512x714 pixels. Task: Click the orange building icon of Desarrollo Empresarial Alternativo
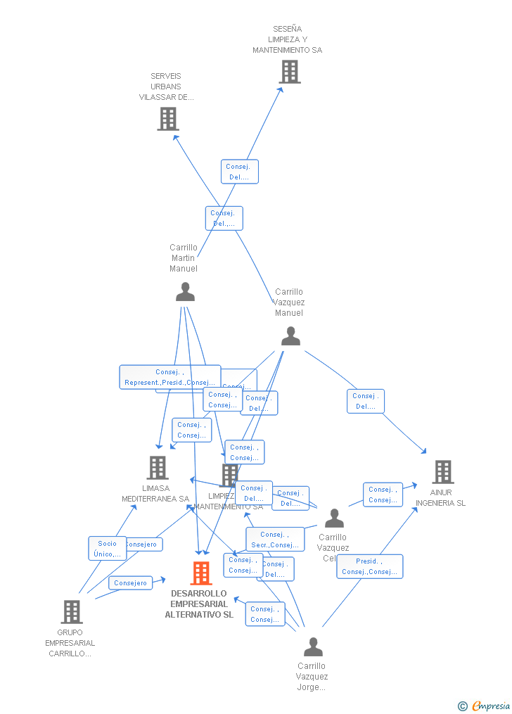(x=201, y=573)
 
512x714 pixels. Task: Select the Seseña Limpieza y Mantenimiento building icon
(x=289, y=72)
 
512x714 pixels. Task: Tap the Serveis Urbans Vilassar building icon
(x=168, y=119)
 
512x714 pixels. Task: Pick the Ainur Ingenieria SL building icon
(x=442, y=472)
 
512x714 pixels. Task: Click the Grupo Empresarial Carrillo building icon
(x=71, y=612)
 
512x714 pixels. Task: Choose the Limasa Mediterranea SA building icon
(x=157, y=468)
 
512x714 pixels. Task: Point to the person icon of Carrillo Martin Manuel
(x=185, y=292)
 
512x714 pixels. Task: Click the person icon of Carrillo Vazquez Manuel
(x=290, y=336)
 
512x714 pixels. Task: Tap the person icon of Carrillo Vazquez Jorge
(x=313, y=646)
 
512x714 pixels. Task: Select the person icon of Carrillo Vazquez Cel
(x=334, y=518)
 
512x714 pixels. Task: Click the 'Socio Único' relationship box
(x=107, y=549)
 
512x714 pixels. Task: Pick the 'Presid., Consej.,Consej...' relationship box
(x=369, y=566)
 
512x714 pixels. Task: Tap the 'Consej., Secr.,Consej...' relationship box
(x=275, y=540)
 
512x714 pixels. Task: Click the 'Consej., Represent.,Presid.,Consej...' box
(x=169, y=377)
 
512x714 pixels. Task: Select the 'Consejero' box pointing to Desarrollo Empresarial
(x=130, y=582)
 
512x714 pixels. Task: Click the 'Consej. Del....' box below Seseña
(x=239, y=172)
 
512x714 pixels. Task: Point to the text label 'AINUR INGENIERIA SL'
(x=440, y=498)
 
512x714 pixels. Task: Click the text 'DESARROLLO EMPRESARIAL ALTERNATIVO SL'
(x=199, y=604)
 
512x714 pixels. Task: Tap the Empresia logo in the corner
(x=485, y=706)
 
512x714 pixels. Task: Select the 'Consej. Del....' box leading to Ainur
(x=365, y=401)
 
